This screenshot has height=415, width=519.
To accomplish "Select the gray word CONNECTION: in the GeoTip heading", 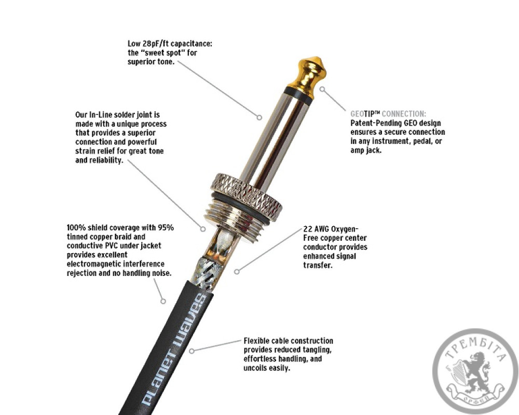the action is point(404,114).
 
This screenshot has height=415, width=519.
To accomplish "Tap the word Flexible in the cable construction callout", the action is point(256,341).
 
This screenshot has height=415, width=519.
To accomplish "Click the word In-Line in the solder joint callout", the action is point(101,115).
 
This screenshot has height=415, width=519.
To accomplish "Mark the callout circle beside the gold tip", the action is point(322,89).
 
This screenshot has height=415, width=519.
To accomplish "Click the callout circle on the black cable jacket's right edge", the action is point(192,351).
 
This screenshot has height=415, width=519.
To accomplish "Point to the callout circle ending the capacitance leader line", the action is point(259,117).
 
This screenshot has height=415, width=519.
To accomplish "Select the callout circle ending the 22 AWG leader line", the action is point(237,272).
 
